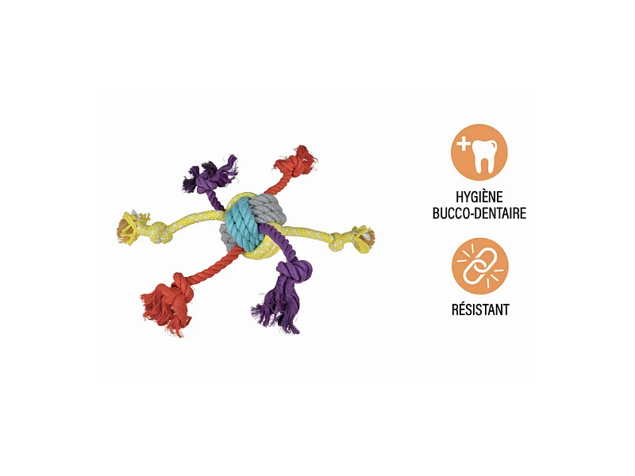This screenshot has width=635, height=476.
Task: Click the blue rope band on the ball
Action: coord(241,223)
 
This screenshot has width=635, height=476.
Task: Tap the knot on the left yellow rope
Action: coord(158,231)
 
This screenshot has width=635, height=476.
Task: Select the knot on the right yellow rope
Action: coord(342,236)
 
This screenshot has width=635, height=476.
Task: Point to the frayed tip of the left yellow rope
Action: coord(126,228)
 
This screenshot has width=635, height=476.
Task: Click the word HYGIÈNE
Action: coord(480,198)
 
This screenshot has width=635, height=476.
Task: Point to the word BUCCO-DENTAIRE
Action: coord(480,213)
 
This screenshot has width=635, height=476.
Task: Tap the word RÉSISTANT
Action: coord(480,310)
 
